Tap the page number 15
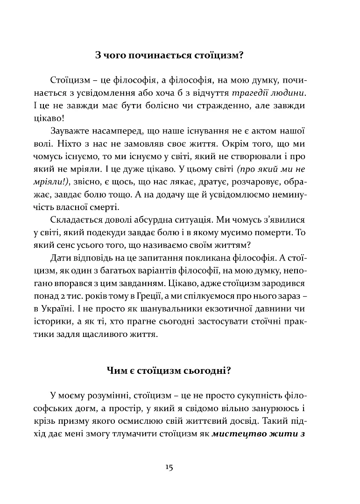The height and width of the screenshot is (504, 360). click(x=169, y=467)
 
